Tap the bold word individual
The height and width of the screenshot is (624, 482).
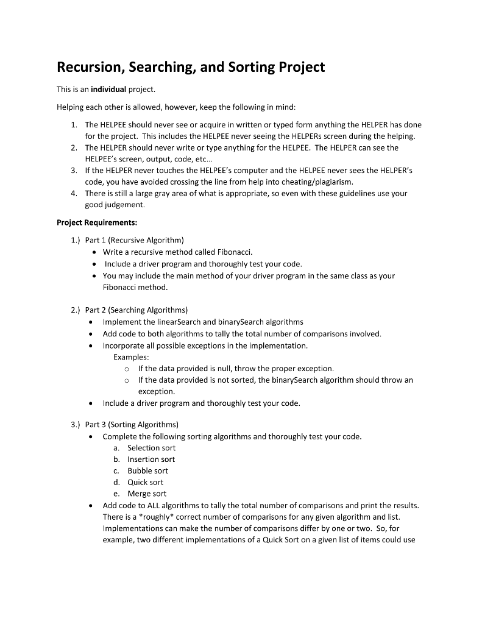108,90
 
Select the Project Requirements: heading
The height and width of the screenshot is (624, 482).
97,222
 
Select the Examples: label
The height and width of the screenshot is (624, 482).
131,357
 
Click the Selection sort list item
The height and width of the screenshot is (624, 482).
151,448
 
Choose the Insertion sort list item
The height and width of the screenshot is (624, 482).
151,459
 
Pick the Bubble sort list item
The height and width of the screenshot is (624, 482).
147,471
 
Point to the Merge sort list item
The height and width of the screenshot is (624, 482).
146,494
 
